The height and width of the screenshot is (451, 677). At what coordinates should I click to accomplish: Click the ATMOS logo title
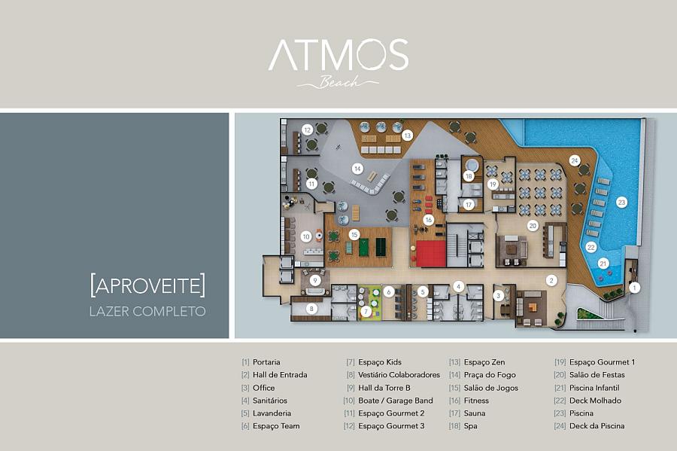coord(338,54)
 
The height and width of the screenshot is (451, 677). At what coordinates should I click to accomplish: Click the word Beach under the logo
coord(339,81)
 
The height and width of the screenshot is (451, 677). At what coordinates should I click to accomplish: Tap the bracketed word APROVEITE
coord(147,285)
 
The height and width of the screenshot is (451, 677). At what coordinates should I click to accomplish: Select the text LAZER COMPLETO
coord(147,312)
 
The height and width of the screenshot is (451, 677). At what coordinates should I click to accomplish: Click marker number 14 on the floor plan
coord(357,169)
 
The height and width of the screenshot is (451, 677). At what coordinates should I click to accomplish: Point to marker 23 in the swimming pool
coord(621,203)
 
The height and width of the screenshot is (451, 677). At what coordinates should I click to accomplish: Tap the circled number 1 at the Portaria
coord(634,288)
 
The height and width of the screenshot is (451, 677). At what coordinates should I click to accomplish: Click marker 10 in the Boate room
coord(306,236)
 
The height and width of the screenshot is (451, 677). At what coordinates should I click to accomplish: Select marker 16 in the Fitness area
coord(428,220)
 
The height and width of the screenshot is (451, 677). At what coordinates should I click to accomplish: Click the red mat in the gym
coord(431,254)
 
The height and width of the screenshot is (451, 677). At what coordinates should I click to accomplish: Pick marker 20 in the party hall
coord(533,226)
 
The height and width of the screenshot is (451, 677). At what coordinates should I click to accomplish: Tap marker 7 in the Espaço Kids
coord(366,311)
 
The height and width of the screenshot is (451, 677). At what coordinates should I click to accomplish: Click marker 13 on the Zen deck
coord(407,136)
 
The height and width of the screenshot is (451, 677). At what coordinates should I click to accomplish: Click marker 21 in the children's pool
coord(603,264)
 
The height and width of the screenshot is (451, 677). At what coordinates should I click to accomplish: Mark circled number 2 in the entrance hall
coord(551,280)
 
